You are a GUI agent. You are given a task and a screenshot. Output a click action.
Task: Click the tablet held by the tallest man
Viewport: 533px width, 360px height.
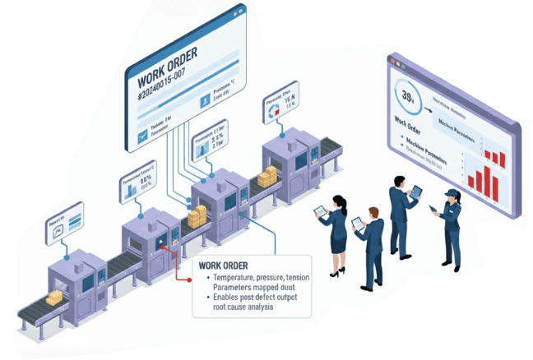(416, 192)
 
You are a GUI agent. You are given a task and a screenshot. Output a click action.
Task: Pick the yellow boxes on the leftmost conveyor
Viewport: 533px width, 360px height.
(56, 299)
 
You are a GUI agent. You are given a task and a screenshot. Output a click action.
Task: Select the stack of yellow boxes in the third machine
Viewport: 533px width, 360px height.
(197, 218)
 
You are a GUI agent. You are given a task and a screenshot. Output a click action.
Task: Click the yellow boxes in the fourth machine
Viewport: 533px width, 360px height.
(268, 177)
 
